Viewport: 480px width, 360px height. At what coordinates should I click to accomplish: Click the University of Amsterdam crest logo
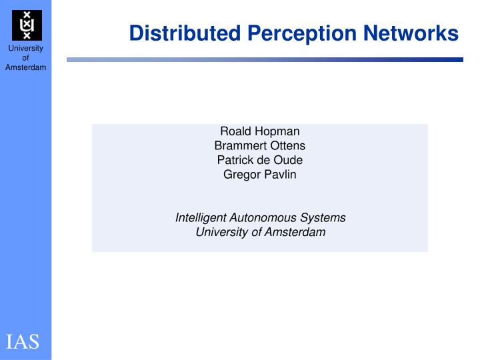coord(27,25)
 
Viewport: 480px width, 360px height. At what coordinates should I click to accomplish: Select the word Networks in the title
coord(413,33)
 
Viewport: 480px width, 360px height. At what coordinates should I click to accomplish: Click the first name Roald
coord(235,131)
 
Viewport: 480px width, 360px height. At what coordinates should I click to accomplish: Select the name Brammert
coord(239,146)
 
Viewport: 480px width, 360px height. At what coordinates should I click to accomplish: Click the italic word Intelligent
coord(201,218)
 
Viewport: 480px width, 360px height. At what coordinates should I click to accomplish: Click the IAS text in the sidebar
coord(23,342)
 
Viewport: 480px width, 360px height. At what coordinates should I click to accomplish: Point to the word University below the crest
coord(26,49)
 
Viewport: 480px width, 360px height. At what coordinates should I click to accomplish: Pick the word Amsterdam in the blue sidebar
coord(26,67)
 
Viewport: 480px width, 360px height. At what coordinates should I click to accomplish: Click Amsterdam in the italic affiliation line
coord(296,232)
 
